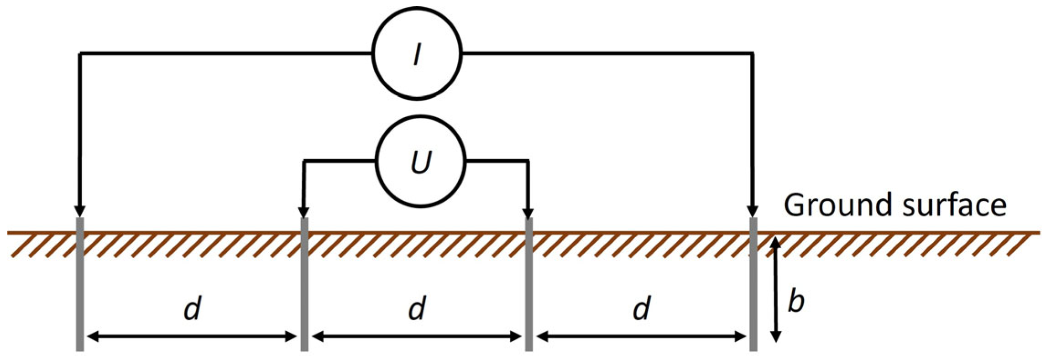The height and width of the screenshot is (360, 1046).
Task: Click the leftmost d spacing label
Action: pyautogui.click(x=192, y=309)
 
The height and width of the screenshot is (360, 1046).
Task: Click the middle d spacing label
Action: pyautogui.click(x=417, y=309)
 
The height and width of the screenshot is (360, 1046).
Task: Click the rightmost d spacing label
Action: pyautogui.click(x=642, y=309)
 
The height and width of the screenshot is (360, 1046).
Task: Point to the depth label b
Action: pyautogui.click(x=796, y=302)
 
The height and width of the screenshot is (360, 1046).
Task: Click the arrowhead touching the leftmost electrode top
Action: pyautogui.click(x=80, y=211)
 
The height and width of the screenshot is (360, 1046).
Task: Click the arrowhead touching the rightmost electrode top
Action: pyautogui.click(x=753, y=211)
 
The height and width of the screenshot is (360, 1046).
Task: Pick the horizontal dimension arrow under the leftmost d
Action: pyautogui.click(x=192, y=337)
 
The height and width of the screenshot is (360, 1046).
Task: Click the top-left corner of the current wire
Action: pyautogui.click(x=80, y=54)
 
